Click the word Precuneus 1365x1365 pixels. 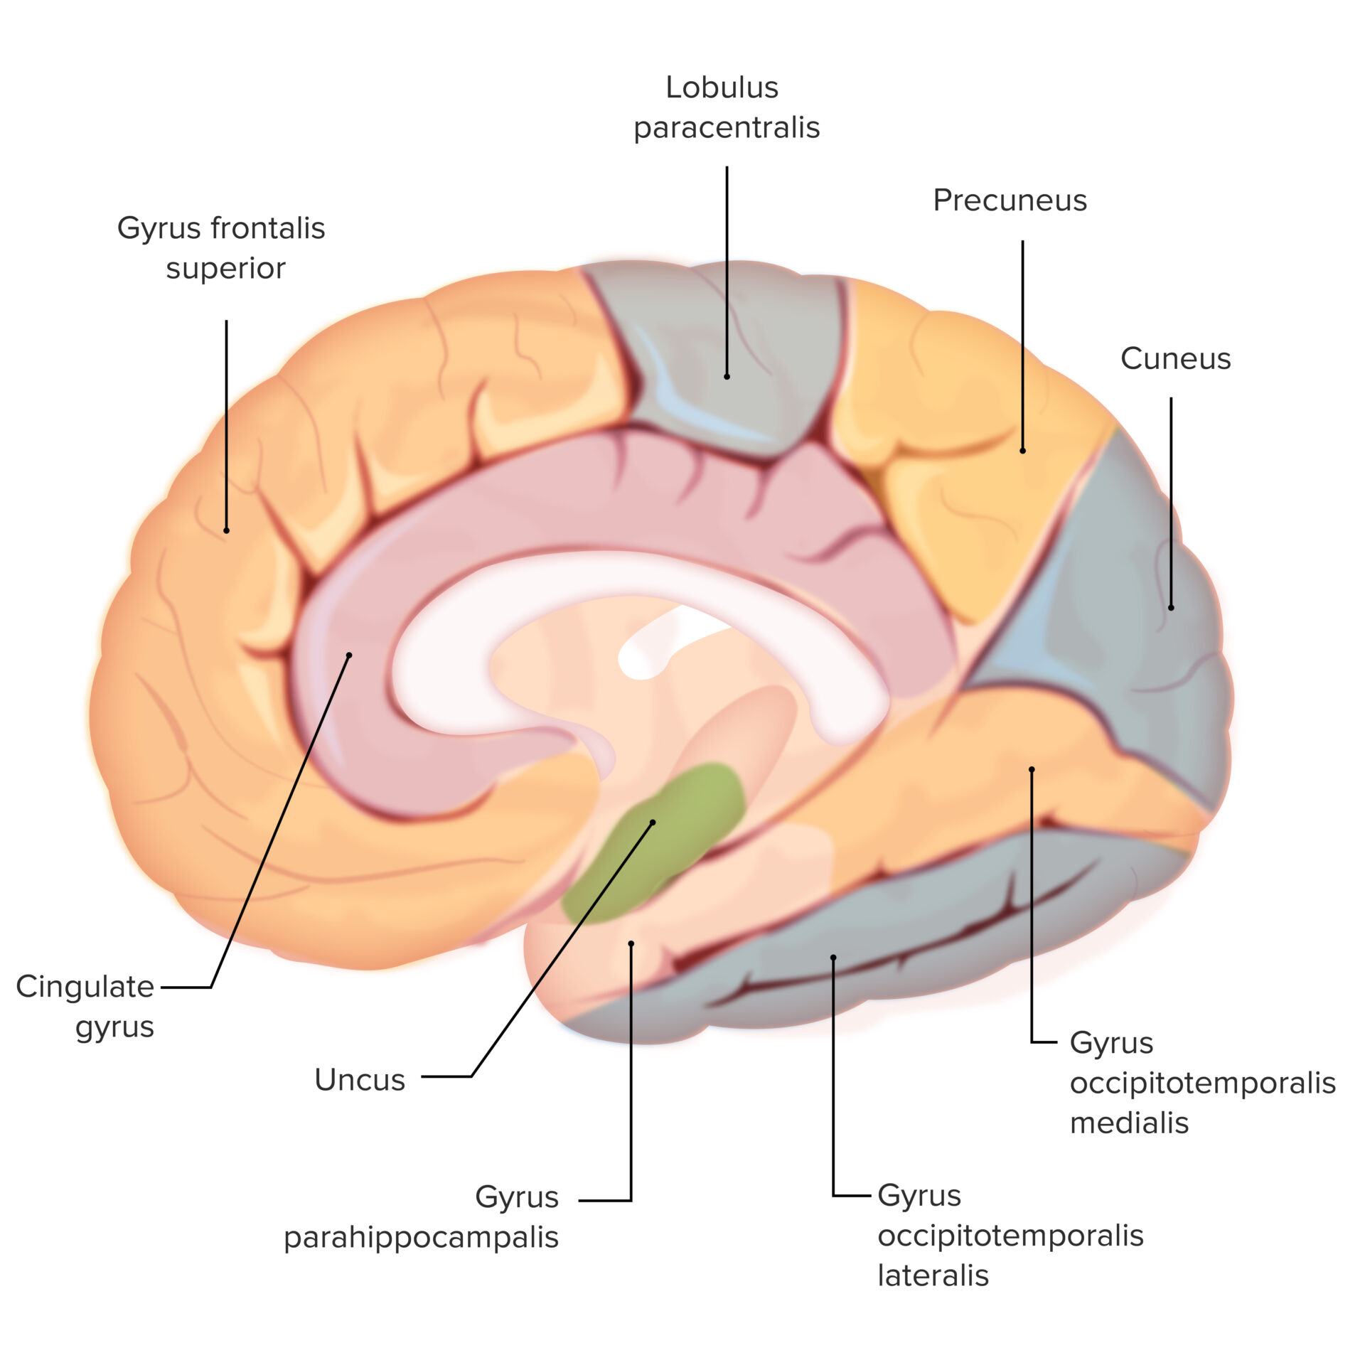pos(1009,200)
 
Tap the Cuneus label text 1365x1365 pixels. pos(1174,358)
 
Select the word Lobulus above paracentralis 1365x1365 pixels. pos(722,87)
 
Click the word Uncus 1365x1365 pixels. pos(359,1079)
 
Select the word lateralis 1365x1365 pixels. pos(933,1275)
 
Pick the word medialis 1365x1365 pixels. pos(1129,1123)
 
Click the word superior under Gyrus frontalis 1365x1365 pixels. pos(225,269)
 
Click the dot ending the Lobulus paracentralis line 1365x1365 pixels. pos(727,376)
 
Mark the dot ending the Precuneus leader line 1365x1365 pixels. pos(1022,450)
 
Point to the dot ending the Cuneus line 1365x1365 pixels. pos(1171,607)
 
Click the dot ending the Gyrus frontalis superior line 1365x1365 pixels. pos(226,530)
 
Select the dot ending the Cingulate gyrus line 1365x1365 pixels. pos(349,655)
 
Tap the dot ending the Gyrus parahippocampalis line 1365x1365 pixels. pos(631,943)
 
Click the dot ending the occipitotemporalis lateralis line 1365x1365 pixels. pos(833,957)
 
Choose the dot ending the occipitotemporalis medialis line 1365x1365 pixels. pos(1032,769)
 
